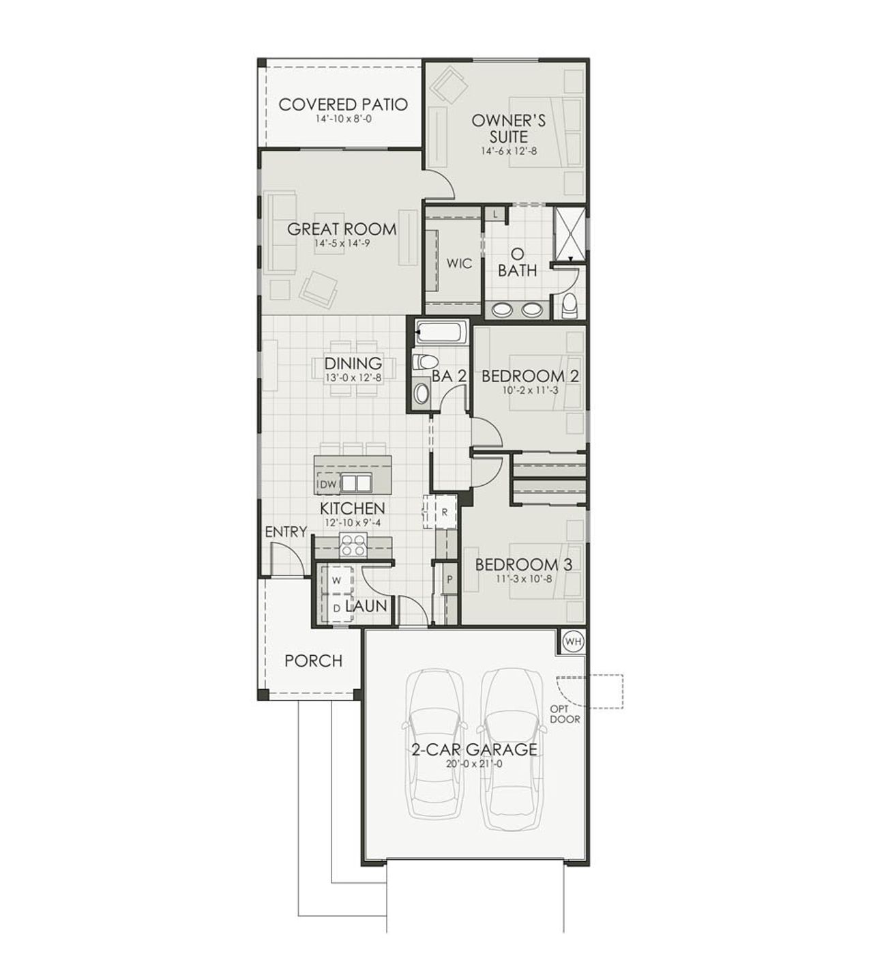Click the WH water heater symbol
pyautogui.click(x=574, y=641)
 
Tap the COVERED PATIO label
pyautogui.click(x=343, y=104)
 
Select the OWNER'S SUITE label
pyautogui.click(x=509, y=128)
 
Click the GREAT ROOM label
pyautogui.click(x=342, y=229)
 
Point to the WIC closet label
pyautogui.click(x=459, y=263)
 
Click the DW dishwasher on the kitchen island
pyautogui.click(x=328, y=484)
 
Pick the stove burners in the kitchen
pyautogui.click(x=353, y=545)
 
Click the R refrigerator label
pyautogui.click(x=445, y=511)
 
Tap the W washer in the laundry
pyautogui.click(x=336, y=580)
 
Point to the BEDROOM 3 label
pyautogui.click(x=523, y=565)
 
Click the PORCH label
pyautogui.click(x=313, y=661)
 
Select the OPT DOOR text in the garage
pyautogui.click(x=565, y=714)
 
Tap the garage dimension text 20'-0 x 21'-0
pyautogui.click(x=474, y=764)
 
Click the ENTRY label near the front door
pyautogui.click(x=285, y=532)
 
